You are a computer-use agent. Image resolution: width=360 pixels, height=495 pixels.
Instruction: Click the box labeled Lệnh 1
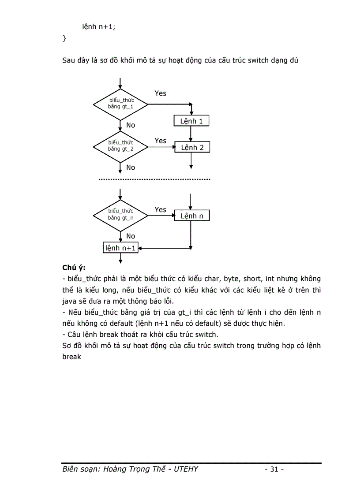(x=191, y=121)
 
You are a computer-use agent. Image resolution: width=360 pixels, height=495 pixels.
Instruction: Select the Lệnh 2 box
(x=192, y=148)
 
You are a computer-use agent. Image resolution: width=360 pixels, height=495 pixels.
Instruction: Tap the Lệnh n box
(x=192, y=216)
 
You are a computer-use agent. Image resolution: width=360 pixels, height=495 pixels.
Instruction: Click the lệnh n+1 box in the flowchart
(x=120, y=248)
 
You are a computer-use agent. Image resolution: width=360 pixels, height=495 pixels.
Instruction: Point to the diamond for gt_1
(x=120, y=104)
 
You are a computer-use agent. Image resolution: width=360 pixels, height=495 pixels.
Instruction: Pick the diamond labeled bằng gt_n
(x=120, y=215)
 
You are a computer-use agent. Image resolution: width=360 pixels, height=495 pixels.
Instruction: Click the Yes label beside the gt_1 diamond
(x=161, y=93)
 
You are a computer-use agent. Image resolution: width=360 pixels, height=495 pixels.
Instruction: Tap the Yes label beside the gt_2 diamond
(x=161, y=141)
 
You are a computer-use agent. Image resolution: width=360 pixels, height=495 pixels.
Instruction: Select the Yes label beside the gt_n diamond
(x=161, y=210)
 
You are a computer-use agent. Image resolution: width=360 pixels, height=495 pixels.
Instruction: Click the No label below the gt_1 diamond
(x=131, y=125)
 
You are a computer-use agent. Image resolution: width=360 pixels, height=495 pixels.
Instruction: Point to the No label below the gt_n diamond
(x=131, y=236)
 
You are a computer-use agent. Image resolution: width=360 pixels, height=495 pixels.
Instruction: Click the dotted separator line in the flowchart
(x=154, y=180)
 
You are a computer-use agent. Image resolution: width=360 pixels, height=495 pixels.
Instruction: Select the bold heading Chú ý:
(x=74, y=268)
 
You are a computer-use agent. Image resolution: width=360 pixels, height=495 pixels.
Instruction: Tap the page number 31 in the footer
(x=274, y=469)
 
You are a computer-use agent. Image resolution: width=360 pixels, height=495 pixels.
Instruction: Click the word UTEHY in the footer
(x=187, y=469)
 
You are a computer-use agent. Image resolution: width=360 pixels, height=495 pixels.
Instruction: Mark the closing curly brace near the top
(x=64, y=38)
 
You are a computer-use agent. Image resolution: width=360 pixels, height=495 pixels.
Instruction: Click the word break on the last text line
(x=72, y=357)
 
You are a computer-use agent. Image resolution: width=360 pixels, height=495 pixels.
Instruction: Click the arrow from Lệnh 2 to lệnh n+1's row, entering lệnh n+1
(x=163, y=248)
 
